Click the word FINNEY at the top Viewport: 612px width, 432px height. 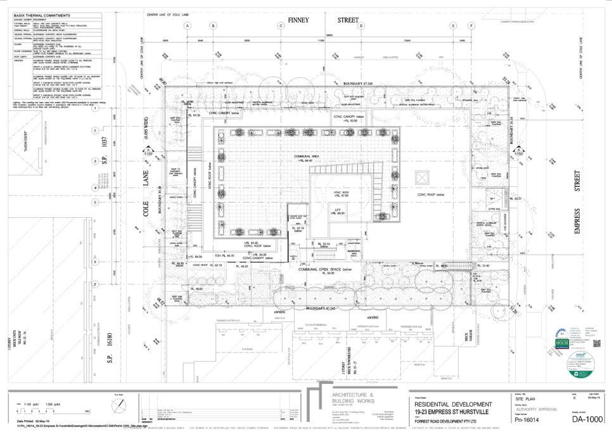pyautogui.click(x=297, y=20)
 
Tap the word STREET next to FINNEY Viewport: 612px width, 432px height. pyautogui.click(x=348, y=20)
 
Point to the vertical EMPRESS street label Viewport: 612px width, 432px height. pyautogui.click(x=577, y=221)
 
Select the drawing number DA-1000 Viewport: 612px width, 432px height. pyautogui.click(x=586, y=419)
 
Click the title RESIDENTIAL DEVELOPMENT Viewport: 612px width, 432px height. pyautogui.click(x=454, y=404)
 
